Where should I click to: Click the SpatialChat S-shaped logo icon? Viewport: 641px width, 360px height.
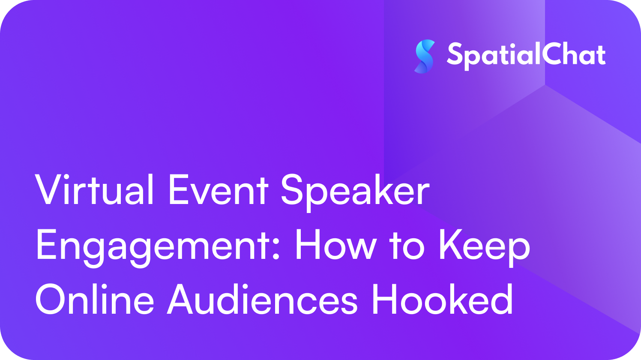(425, 57)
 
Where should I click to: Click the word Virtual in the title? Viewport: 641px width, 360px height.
(94, 189)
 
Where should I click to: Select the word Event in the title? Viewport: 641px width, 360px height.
(219, 190)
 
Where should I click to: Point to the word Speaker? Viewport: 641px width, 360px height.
(355, 192)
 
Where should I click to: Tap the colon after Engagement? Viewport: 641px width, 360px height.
(276, 249)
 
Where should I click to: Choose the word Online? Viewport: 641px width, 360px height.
(95, 299)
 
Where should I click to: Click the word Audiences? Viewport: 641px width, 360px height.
(262, 299)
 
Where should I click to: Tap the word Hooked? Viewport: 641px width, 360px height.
(443, 299)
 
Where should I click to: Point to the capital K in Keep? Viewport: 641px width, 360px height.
(451, 245)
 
